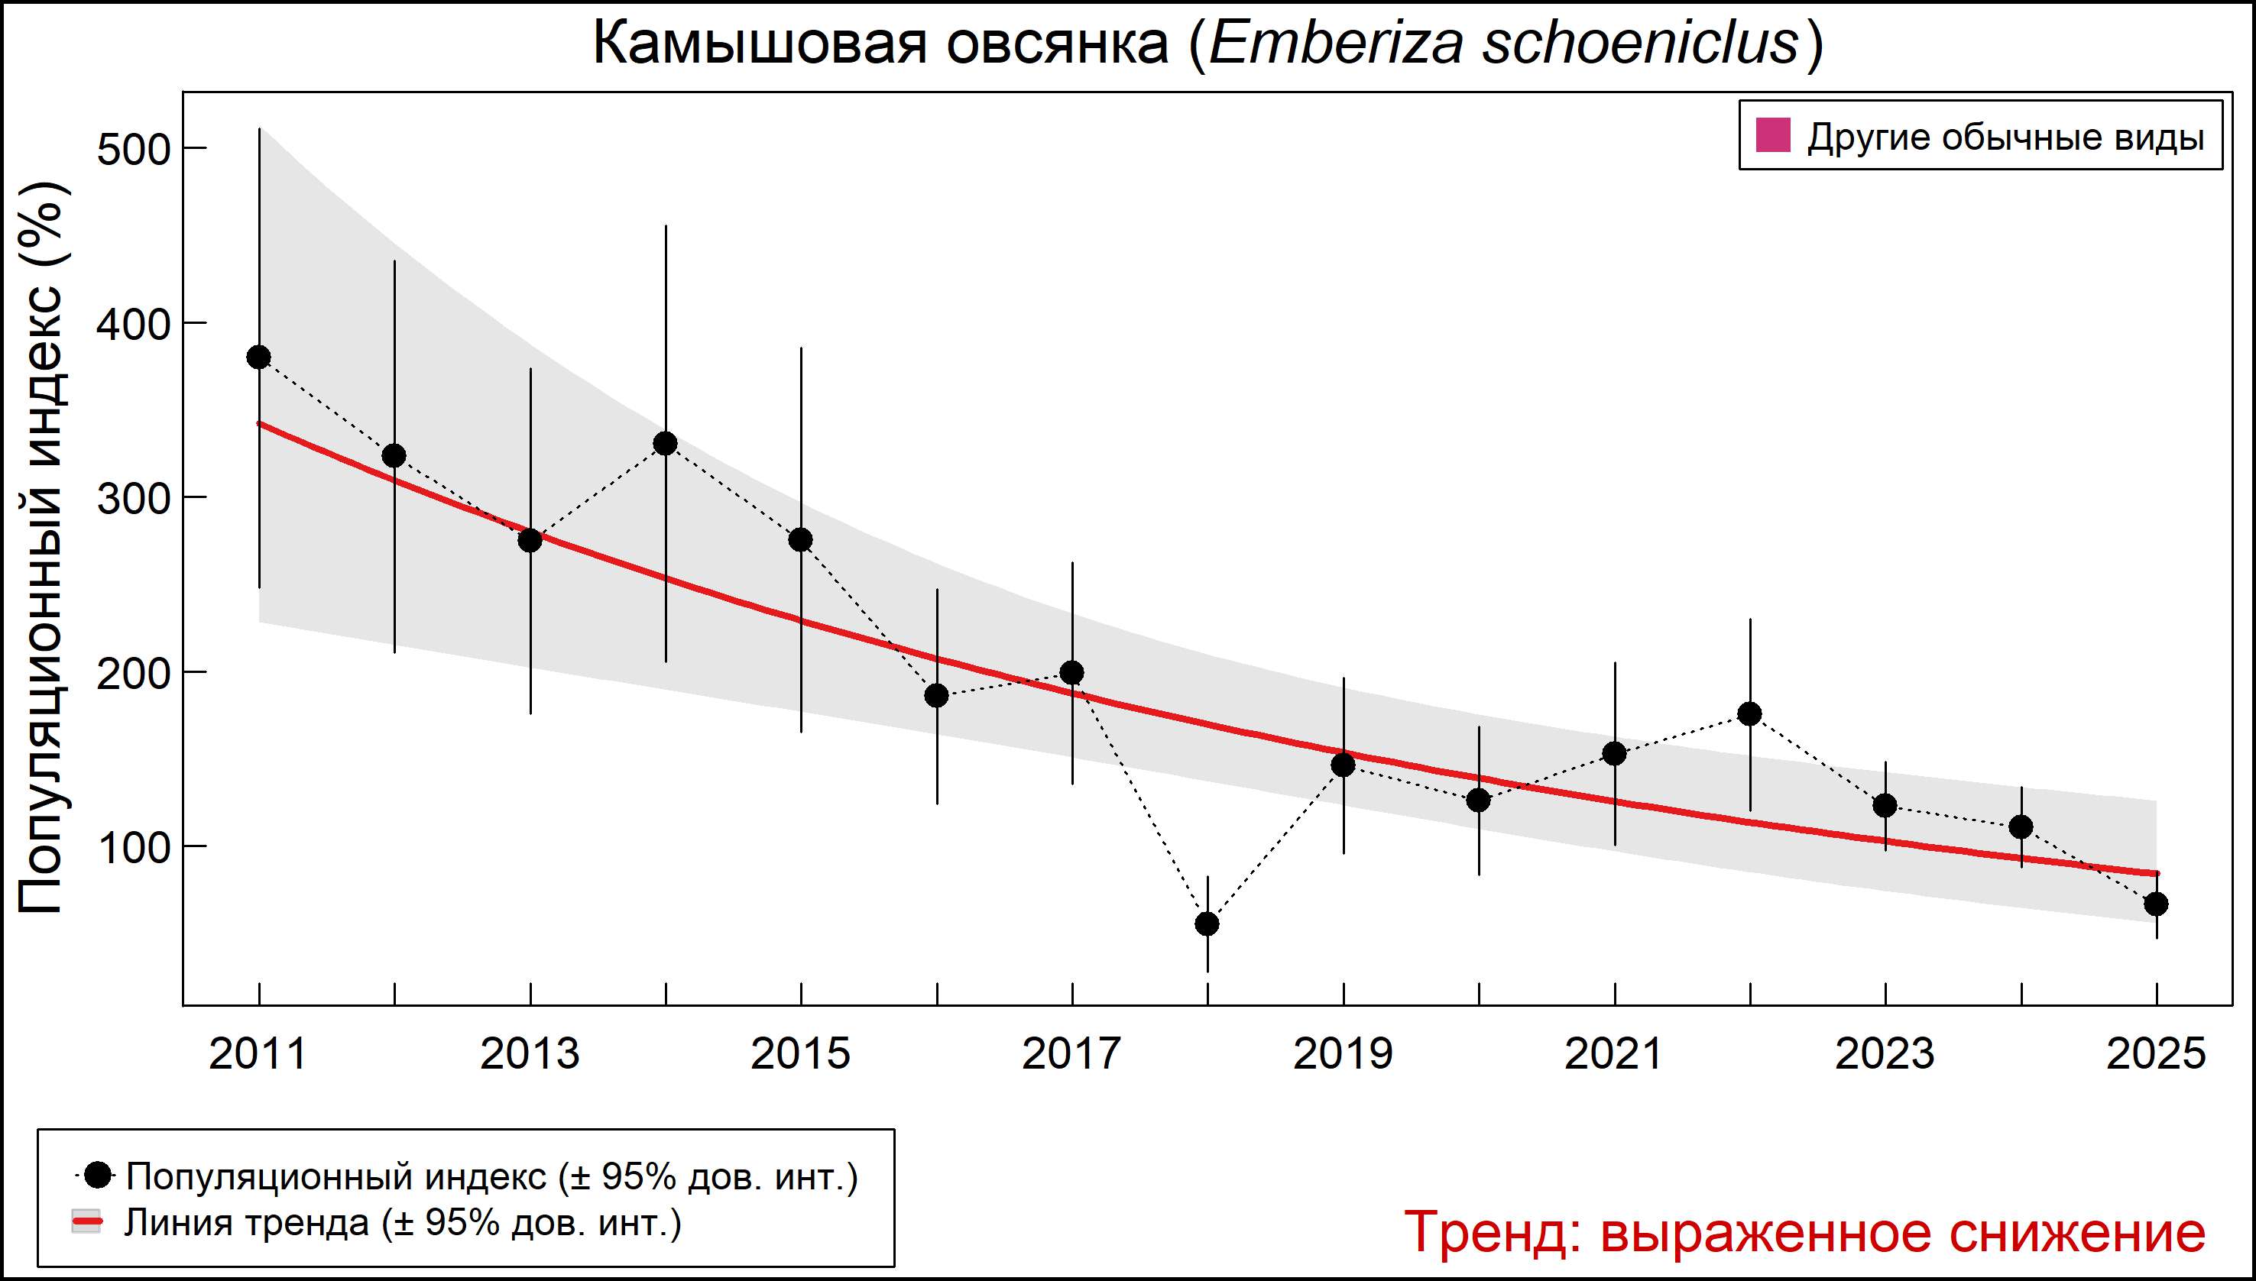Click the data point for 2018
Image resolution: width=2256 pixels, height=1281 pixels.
point(1207,924)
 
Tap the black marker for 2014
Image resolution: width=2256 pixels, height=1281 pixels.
point(666,443)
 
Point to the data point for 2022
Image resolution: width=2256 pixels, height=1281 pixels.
point(1750,713)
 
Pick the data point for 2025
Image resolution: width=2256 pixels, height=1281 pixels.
point(2156,904)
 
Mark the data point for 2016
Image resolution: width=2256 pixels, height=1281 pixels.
point(936,696)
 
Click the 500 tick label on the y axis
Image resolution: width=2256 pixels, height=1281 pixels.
point(133,150)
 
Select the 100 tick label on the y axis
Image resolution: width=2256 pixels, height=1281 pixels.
point(133,848)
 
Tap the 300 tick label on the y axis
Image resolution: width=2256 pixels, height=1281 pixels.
point(133,499)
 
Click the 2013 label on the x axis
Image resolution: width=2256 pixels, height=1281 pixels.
point(530,1054)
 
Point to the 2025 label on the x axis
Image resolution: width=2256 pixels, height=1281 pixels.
point(2156,1054)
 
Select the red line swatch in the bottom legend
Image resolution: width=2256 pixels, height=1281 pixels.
point(87,1222)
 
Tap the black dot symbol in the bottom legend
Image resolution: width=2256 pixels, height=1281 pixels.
point(99,1175)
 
